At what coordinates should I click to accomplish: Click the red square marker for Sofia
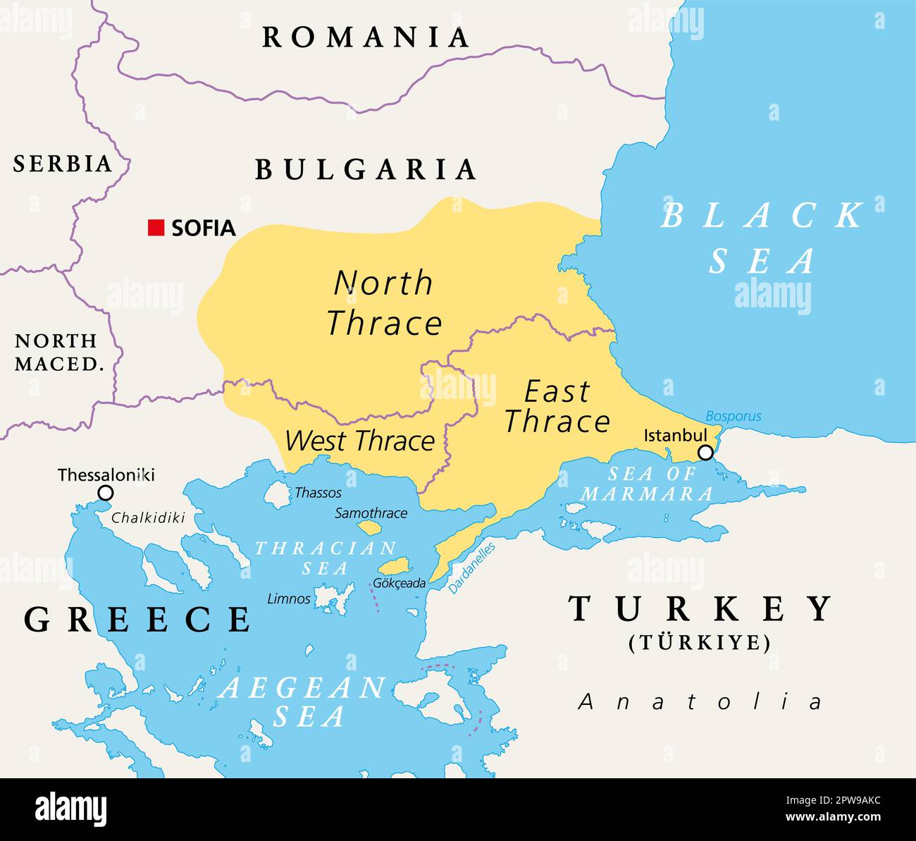156,228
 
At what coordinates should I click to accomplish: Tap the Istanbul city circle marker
705,453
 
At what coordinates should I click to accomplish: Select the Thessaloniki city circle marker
105,493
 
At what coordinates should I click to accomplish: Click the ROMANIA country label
366,37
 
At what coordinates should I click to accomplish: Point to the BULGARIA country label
366,170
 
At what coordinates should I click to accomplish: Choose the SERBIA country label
63,164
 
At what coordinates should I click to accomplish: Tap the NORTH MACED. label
56,352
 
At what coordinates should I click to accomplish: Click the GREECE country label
137,620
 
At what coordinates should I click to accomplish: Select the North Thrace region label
384,303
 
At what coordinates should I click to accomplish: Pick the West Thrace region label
359,441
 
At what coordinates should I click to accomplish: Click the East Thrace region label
557,407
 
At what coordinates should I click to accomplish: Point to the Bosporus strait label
733,416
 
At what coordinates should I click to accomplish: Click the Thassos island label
318,493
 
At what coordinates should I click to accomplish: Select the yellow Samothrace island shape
369,527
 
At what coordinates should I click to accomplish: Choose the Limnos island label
288,599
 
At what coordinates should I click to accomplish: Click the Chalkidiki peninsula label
148,518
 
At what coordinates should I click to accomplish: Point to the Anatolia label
700,701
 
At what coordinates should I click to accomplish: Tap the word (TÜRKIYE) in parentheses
700,643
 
